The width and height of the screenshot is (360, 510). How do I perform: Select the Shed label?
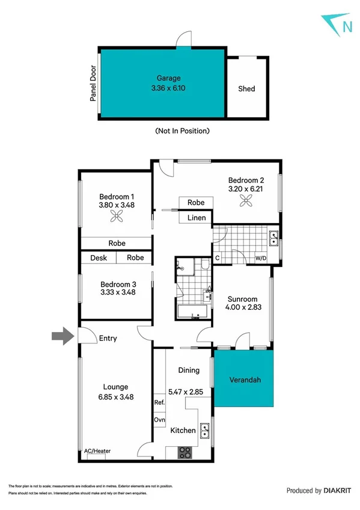(x=246, y=88)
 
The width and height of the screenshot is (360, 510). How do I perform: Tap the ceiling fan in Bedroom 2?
(x=246, y=203)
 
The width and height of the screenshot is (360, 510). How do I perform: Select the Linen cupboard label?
(x=196, y=218)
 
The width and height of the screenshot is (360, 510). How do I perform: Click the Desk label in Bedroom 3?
(x=99, y=257)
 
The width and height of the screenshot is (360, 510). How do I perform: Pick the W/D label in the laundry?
(x=261, y=259)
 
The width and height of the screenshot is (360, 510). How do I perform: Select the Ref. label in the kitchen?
(x=159, y=403)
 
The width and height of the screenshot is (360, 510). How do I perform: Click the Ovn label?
(x=159, y=420)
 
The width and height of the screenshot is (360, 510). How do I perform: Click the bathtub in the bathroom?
(x=192, y=312)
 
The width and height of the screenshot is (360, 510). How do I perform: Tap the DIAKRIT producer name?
(x=337, y=491)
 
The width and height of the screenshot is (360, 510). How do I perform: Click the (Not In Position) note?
(x=182, y=131)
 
